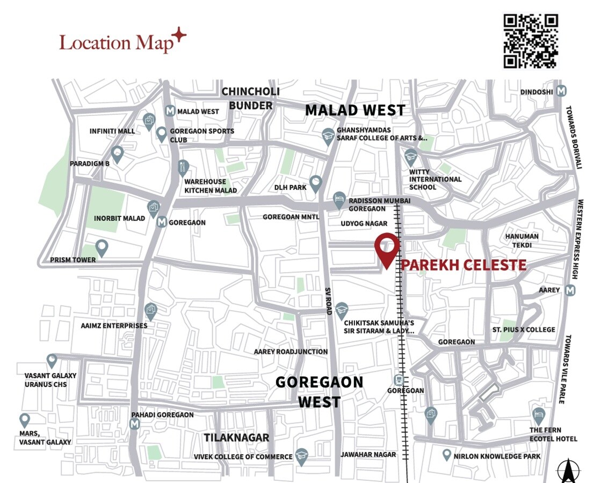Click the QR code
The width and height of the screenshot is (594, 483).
pos(530,41)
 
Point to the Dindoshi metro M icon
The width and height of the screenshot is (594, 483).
pos(561,91)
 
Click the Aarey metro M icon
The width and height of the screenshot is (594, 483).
pos(570,290)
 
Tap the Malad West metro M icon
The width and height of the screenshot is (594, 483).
pos(170,111)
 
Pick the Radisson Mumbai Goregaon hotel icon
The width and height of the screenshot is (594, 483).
pos(339,199)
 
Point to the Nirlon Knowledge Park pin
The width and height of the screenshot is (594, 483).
pos(446,455)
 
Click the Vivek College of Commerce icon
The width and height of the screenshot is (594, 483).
pos(301,456)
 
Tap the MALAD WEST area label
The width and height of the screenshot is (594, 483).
pos(355,110)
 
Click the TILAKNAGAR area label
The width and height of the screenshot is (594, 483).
pos(236,437)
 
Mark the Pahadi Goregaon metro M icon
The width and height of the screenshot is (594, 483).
pos(134,425)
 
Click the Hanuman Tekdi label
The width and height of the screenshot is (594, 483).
pos(521,240)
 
